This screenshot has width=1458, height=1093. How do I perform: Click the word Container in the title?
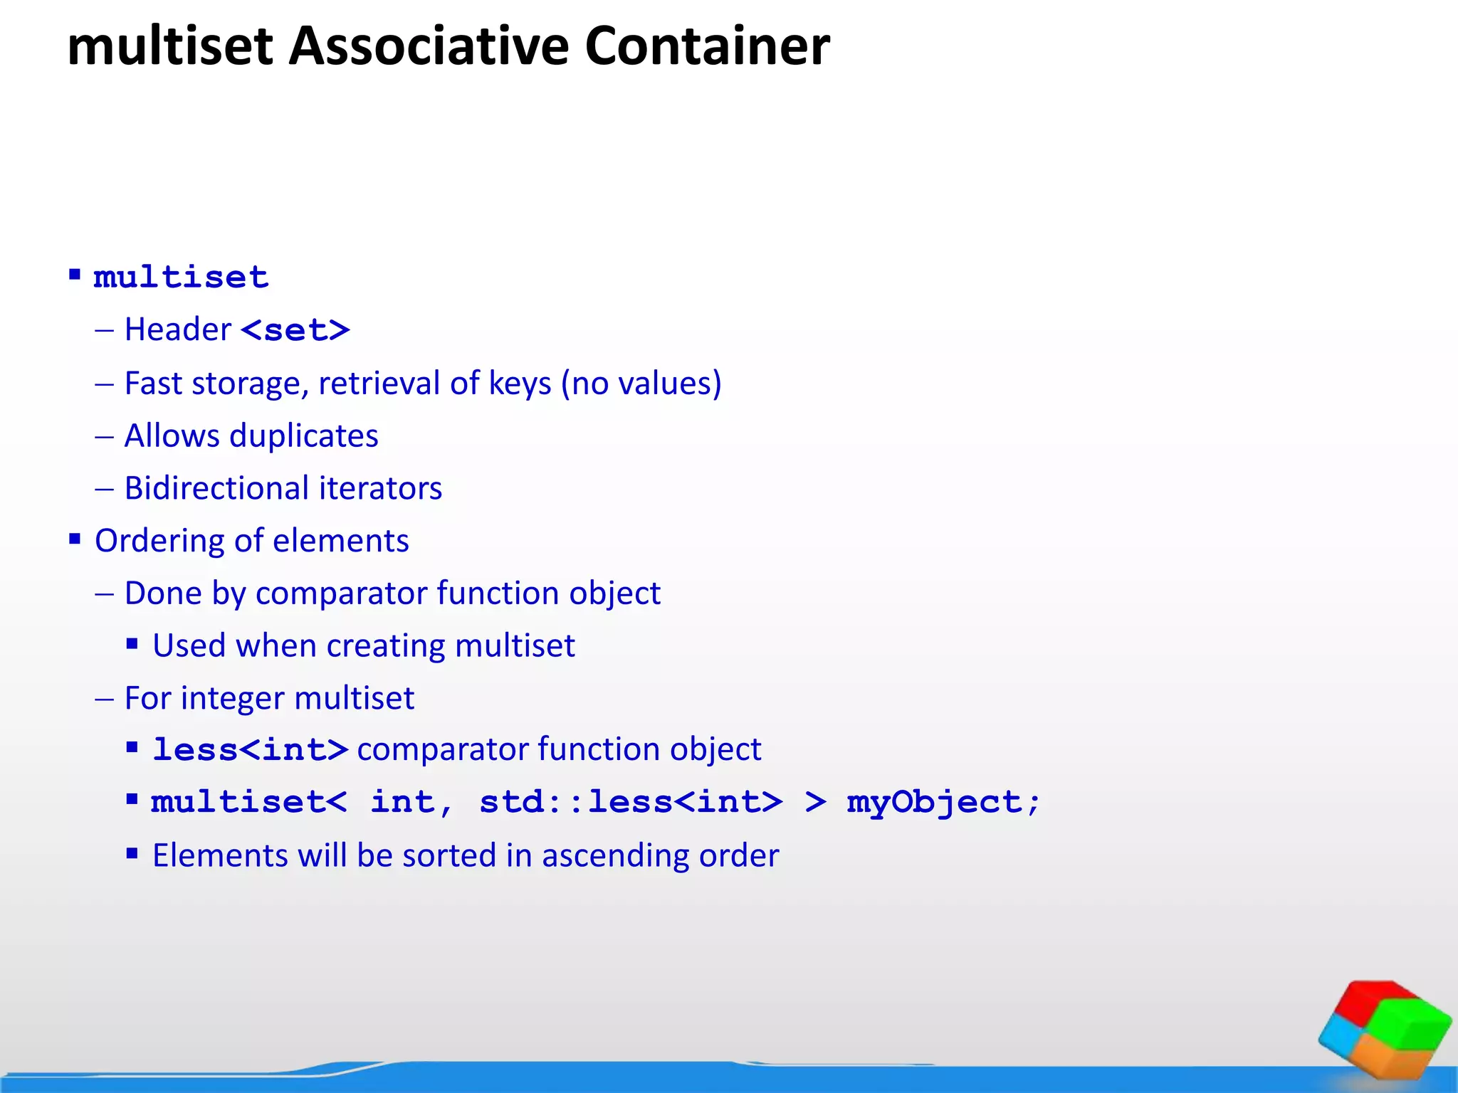pyautogui.click(x=707, y=47)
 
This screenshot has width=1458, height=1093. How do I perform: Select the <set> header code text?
pyautogui.click(x=295, y=330)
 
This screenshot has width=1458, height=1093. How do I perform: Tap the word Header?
pyautogui.click(x=178, y=330)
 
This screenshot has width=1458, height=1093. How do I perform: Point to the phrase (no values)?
pyautogui.click(x=641, y=384)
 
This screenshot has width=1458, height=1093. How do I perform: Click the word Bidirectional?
pyautogui.click(x=216, y=489)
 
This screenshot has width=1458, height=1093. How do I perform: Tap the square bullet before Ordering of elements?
pyautogui.click(x=75, y=539)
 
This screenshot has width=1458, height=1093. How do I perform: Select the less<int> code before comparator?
pyautogui.click(x=251, y=750)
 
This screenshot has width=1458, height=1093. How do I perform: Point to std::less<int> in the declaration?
pyautogui.click(x=631, y=803)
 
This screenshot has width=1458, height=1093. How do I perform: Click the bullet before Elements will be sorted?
pyautogui.click(x=132, y=853)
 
